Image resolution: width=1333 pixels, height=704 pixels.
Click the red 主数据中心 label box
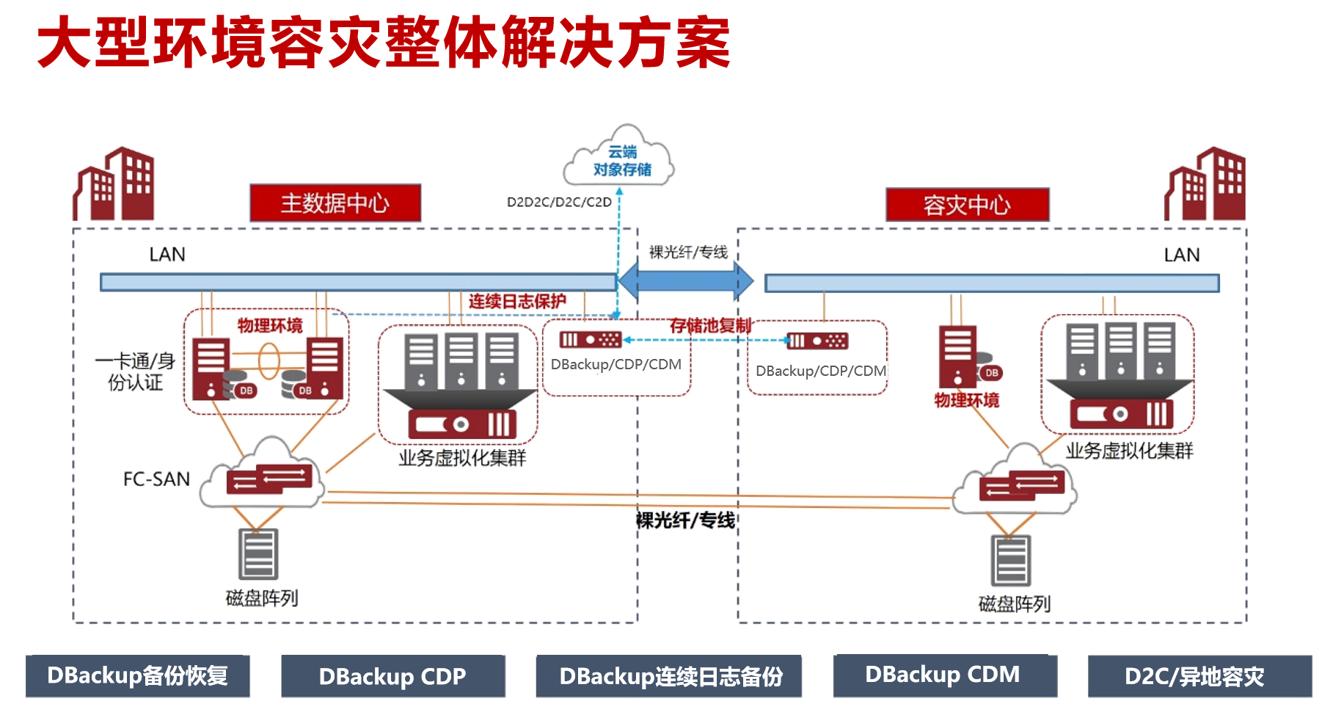click(x=335, y=203)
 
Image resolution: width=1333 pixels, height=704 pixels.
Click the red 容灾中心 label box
click(x=967, y=205)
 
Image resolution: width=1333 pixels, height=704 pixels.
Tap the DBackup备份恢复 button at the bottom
click(x=138, y=676)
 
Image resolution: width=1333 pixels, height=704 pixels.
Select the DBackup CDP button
click(x=392, y=676)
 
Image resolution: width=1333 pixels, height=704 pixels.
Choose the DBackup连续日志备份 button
click(x=668, y=676)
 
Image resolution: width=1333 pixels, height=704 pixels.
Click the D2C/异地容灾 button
click(x=1199, y=676)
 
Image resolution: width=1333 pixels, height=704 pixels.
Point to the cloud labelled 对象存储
click(x=620, y=159)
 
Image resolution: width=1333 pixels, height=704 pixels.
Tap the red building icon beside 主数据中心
click(x=114, y=185)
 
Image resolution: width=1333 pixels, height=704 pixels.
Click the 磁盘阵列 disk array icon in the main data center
click(x=258, y=554)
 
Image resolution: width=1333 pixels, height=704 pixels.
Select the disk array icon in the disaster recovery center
click(x=1011, y=561)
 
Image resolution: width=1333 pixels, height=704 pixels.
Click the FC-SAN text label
click(x=156, y=479)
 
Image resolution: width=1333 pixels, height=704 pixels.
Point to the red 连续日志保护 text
click(x=517, y=301)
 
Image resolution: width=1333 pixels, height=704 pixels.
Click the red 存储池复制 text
click(x=710, y=325)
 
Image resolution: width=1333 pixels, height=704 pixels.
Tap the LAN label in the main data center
click(x=167, y=254)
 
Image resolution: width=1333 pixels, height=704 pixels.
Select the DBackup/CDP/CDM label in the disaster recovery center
click(x=820, y=371)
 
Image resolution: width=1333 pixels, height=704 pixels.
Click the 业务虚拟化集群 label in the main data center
click(x=462, y=458)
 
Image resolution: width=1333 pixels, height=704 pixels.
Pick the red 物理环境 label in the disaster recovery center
click(x=966, y=400)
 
